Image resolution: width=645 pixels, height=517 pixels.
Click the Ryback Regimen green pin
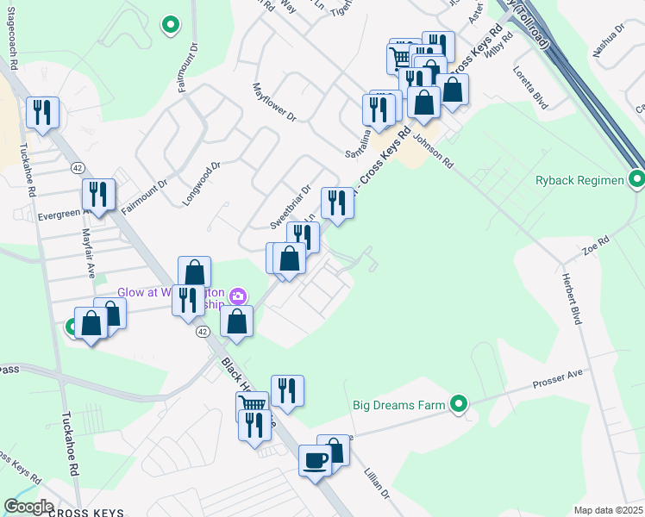pos(637,179)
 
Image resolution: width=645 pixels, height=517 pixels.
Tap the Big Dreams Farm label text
pos(398,404)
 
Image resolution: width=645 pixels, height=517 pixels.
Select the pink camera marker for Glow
pos(238,296)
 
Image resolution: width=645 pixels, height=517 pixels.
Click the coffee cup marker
pos(314,459)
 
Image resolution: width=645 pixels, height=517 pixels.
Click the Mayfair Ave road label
pos(88,252)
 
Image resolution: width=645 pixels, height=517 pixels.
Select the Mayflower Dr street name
pos(273,102)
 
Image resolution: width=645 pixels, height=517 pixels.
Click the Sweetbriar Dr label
pos(290,207)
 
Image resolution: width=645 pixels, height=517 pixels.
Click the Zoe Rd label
pos(596,245)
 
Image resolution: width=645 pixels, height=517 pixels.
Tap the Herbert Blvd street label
pos(570,290)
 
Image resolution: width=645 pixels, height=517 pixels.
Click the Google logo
pos(28,507)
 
